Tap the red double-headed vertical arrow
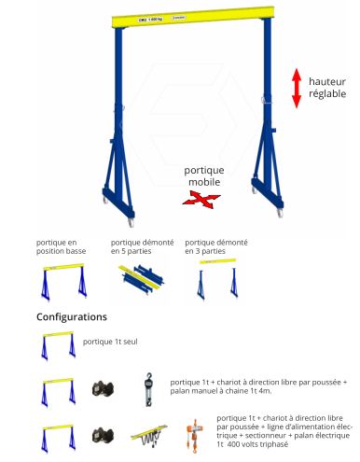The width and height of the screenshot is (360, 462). point(297,88)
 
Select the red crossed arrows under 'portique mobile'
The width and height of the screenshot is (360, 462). point(201,198)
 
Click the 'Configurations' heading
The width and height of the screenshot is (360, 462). point(72,317)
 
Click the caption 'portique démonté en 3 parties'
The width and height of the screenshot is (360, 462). point(213,246)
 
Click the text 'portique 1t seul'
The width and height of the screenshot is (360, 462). point(110,343)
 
